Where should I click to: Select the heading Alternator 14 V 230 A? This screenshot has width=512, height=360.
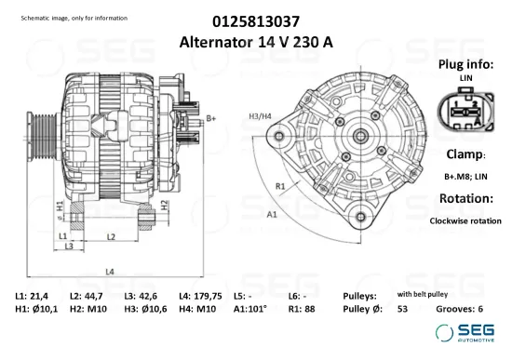click(x=256, y=42)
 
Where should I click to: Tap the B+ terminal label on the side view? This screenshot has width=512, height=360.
click(x=211, y=118)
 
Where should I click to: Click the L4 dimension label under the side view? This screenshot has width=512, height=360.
click(x=109, y=271)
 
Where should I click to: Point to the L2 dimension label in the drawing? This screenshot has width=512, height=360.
click(x=110, y=237)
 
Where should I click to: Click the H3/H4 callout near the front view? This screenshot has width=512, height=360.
click(x=260, y=115)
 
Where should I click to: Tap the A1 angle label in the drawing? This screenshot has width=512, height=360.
click(x=273, y=214)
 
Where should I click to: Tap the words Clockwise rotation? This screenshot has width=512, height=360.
click(x=465, y=220)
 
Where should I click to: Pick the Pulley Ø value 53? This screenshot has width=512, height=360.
click(x=402, y=308)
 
